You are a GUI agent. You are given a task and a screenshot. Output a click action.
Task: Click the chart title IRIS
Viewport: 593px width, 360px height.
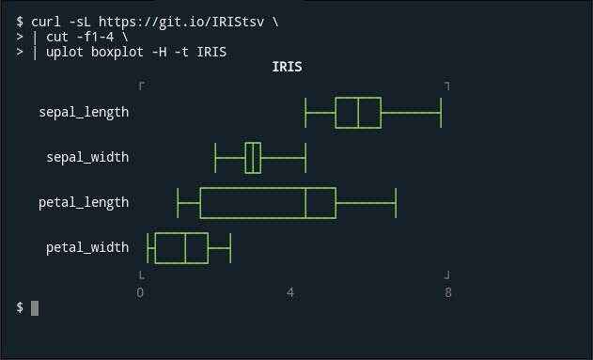287,67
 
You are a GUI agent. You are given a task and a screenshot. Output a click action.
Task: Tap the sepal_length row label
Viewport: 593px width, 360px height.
84,112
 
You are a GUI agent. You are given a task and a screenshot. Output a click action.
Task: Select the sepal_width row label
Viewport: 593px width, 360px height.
87,157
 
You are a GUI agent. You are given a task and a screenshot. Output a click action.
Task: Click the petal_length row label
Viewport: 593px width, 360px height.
84,202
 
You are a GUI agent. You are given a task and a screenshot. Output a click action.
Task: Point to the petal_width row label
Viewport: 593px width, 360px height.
87,247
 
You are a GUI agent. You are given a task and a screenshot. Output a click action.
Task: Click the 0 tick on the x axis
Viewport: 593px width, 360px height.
140,292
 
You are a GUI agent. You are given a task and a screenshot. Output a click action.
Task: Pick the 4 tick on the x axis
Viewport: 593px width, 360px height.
290,292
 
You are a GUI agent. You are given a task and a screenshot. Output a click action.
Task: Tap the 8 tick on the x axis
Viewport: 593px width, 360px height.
448,292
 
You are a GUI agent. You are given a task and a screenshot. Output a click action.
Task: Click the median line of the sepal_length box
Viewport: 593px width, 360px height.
358,112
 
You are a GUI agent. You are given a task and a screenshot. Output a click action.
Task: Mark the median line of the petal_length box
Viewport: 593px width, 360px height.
305,202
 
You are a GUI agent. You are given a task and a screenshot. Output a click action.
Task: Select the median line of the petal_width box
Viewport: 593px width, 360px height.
185,248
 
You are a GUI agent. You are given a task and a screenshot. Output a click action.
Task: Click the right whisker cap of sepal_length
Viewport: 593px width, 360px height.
441,112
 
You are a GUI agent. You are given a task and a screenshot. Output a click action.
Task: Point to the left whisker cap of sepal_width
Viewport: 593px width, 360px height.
215,157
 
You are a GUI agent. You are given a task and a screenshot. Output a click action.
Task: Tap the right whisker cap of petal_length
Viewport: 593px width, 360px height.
396,202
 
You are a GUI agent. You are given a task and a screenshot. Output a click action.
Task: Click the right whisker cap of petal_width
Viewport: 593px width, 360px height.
230,248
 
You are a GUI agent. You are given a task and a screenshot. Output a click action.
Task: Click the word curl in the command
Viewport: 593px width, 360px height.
46,21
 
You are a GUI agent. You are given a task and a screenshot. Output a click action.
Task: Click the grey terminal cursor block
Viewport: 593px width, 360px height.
35,307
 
